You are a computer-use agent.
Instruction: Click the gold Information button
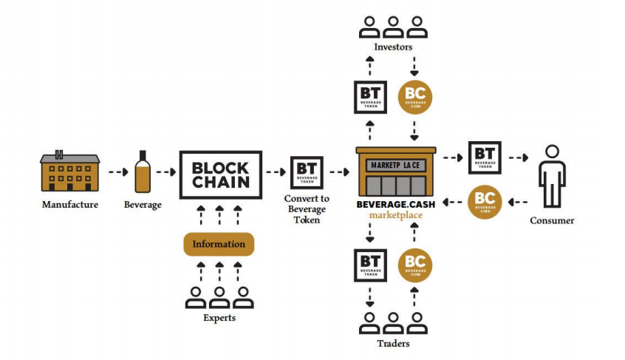(x=219, y=244)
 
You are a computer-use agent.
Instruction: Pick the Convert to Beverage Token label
(x=307, y=209)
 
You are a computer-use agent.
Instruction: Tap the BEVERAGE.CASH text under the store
(x=395, y=205)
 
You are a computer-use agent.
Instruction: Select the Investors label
(x=393, y=47)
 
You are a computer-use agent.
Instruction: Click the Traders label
(x=392, y=344)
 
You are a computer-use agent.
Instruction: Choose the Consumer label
(x=552, y=220)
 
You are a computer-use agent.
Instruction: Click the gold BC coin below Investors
(x=414, y=97)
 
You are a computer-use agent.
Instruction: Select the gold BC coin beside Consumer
(x=485, y=202)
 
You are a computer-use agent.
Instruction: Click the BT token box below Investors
(x=371, y=97)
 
